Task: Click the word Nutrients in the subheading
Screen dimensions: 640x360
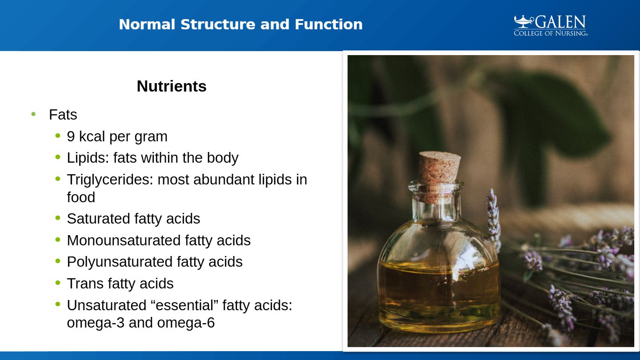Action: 172,86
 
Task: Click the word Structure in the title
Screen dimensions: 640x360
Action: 218,24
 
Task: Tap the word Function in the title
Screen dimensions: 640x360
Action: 328,24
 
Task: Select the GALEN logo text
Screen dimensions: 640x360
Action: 560,22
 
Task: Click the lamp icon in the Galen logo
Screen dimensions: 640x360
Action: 524,21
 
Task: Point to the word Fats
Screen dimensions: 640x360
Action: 63,115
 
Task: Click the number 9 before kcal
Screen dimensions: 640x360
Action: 71,136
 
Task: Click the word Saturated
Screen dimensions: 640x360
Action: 98,219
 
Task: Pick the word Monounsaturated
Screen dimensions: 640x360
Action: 124,240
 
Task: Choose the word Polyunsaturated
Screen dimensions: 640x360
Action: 120,262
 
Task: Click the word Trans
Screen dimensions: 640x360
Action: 85,284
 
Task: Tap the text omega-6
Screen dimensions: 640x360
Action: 186,323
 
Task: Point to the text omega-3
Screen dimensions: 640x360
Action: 96,323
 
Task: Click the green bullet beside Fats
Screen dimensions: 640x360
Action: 33,114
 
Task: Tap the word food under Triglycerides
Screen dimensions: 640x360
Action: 81,197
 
